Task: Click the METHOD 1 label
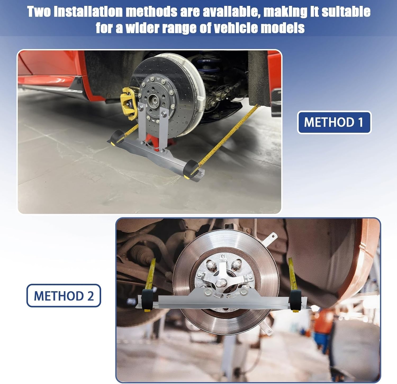click(334, 122)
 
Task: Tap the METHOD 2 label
click(64, 295)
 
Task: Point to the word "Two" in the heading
click(39, 12)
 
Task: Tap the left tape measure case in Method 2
click(147, 300)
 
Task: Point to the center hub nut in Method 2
click(219, 283)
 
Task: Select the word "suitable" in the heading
click(346, 12)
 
